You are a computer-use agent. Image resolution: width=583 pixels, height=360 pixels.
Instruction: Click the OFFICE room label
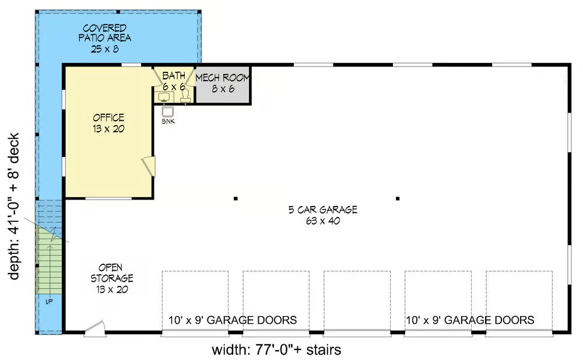click(x=108, y=118)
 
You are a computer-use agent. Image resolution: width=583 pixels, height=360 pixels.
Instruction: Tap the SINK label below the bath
click(x=168, y=121)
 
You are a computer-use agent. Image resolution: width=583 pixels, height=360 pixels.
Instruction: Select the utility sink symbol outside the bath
click(x=168, y=111)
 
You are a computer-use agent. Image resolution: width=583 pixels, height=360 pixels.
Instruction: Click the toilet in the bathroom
click(x=185, y=96)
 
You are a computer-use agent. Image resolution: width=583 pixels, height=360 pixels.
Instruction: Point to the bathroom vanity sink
click(x=164, y=97)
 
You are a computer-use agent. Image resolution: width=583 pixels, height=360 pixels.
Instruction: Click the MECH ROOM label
click(x=222, y=78)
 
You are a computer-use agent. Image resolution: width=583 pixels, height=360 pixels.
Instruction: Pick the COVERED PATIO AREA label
click(x=105, y=33)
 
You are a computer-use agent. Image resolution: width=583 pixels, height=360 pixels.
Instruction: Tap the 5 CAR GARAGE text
click(x=323, y=209)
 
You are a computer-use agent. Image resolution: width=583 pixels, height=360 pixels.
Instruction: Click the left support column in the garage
click(x=236, y=199)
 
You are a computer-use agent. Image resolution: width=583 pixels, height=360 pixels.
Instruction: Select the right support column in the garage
click(x=398, y=199)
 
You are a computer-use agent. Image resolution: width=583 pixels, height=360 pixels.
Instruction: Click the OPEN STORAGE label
click(x=111, y=273)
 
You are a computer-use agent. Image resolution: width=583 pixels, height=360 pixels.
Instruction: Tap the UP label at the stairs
click(x=49, y=302)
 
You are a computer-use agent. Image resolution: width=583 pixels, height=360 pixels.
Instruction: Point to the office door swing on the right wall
click(x=149, y=166)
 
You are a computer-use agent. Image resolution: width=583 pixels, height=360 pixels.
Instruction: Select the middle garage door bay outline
click(x=357, y=302)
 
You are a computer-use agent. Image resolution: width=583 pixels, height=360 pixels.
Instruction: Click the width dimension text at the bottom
click(x=276, y=350)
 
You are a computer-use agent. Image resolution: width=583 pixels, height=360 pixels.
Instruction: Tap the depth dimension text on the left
click(x=13, y=207)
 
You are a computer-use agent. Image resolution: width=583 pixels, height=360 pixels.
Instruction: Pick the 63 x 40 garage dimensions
click(x=323, y=221)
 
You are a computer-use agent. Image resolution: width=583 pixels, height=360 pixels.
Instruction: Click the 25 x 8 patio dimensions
click(x=105, y=49)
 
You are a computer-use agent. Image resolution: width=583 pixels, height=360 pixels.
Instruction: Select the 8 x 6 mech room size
click(x=223, y=89)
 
